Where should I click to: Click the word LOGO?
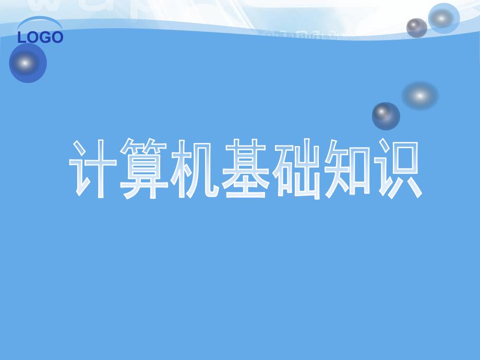tap(40, 38)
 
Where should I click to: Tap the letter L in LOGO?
tap(22, 38)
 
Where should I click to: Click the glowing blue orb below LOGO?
tap(28, 63)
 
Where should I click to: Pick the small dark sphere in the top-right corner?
tap(416, 28)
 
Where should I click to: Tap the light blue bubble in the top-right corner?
tap(443, 18)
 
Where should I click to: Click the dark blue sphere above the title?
tap(386, 115)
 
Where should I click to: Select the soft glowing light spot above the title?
tap(419, 95)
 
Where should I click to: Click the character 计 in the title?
tap(94, 169)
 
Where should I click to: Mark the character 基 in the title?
tap(245, 169)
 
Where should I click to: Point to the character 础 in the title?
tap(296, 169)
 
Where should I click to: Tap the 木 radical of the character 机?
tap(181, 169)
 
